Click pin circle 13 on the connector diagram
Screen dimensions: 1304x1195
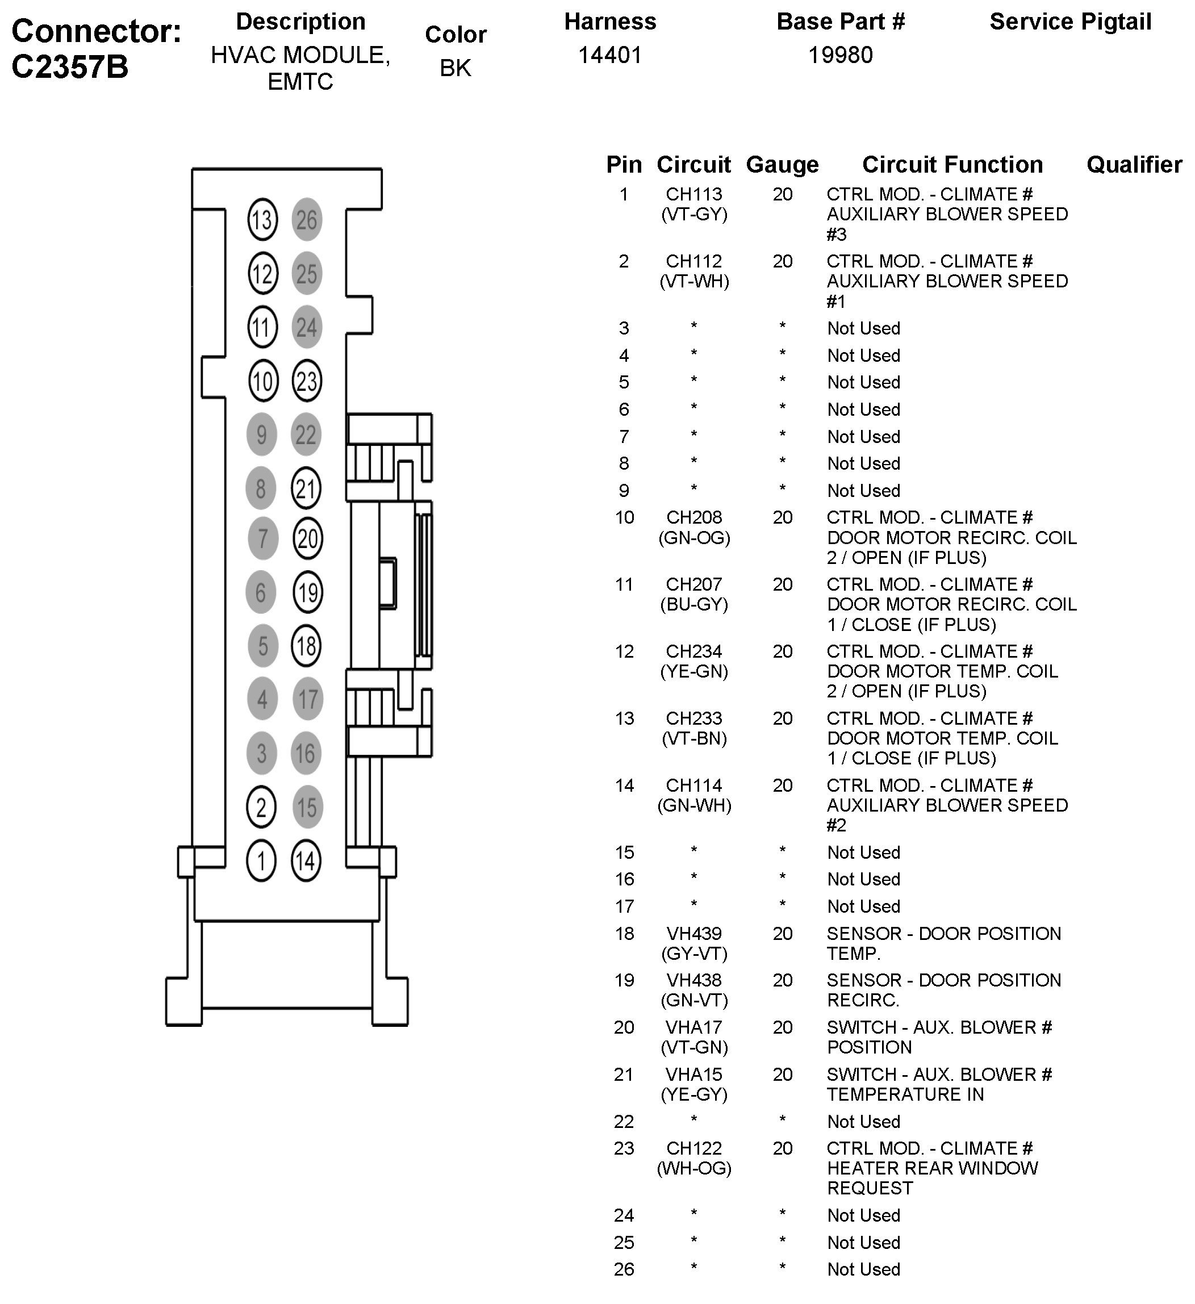[x=262, y=220]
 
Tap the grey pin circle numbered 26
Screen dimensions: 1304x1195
[x=307, y=220]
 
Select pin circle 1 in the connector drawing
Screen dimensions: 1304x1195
[x=261, y=861]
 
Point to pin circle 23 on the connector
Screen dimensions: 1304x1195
[x=307, y=381]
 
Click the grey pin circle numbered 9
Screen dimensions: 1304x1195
[x=261, y=434]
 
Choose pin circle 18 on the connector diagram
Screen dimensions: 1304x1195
[x=307, y=646]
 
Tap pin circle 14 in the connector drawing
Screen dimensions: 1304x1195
[x=306, y=861]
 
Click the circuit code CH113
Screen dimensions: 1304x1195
[x=693, y=194]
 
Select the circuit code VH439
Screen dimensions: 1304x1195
[x=693, y=933]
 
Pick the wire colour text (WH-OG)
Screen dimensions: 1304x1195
[x=693, y=1168]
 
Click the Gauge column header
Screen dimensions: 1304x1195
[x=782, y=165]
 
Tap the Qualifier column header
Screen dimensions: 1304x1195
[x=1134, y=165]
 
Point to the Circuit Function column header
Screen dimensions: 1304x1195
[x=952, y=165]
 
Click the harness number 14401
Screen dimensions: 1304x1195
[x=609, y=56]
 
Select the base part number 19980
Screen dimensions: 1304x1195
[x=841, y=56]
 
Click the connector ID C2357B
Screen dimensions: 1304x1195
[x=70, y=66]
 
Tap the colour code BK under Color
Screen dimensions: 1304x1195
[x=456, y=68]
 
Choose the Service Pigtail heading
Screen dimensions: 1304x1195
[x=1070, y=22]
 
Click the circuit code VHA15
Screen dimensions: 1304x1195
[x=693, y=1075]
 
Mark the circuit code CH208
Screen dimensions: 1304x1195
[x=693, y=517]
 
